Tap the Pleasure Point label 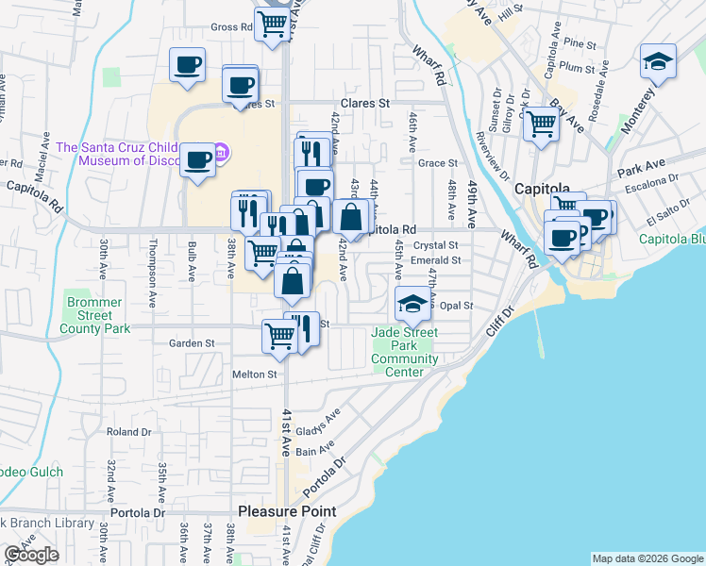coord(286,511)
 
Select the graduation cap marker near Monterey coord(658,62)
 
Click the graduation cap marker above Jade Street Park coord(412,304)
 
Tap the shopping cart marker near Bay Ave coord(541,123)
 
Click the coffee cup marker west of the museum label coord(197,159)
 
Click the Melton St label coord(254,375)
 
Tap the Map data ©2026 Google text coord(647,558)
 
